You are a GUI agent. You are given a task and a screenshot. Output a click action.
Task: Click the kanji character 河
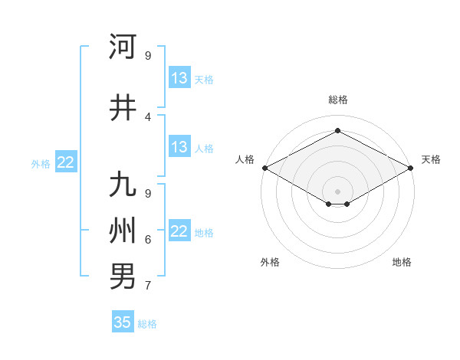(x=123, y=46)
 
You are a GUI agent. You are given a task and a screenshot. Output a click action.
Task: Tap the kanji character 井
(x=123, y=108)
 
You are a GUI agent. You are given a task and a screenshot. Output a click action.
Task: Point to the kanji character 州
(x=123, y=230)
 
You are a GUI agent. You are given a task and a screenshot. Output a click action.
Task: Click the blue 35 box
(x=123, y=322)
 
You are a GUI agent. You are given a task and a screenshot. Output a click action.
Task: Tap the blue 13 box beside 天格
(x=179, y=78)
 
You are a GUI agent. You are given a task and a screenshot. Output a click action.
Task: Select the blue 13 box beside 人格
(x=179, y=147)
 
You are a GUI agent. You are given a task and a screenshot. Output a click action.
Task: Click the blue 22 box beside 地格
(x=179, y=231)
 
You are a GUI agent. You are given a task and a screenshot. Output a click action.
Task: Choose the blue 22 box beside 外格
(x=66, y=162)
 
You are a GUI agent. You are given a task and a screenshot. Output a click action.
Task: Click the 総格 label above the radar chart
(x=337, y=100)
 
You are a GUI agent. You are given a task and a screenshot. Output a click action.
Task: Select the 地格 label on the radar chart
(x=402, y=263)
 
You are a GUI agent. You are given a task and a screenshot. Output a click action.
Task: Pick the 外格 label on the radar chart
(x=270, y=263)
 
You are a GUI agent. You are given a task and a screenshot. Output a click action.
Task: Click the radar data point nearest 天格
(x=411, y=168)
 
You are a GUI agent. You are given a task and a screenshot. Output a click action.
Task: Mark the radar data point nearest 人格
(x=264, y=168)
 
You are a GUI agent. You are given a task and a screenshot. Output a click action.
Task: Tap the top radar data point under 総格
(x=337, y=130)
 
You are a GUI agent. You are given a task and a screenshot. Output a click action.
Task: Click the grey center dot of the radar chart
(x=337, y=190)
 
